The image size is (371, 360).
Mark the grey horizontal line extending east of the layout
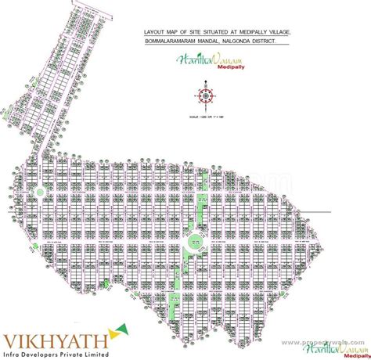pos(340,211)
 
